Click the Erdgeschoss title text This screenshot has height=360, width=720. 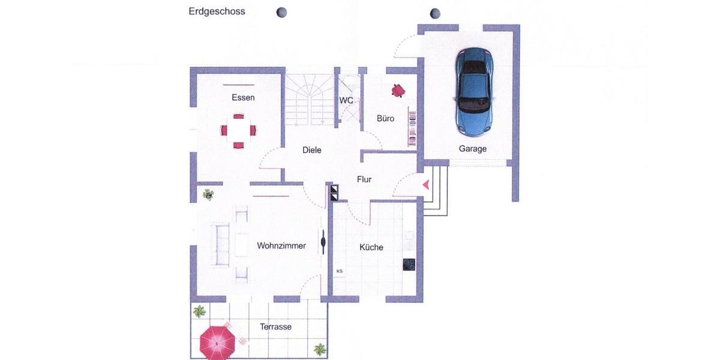(217, 11)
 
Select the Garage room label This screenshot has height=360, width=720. (472, 149)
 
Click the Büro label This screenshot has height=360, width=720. (385, 119)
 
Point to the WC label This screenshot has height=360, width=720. (346, 101)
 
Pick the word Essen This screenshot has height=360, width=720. (243, 98)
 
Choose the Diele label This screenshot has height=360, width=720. (311, 150)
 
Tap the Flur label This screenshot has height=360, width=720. (364, 179)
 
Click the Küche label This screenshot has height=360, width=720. (371, 247)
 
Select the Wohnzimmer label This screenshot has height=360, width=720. (281, 246)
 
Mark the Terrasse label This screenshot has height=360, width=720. (275, 327)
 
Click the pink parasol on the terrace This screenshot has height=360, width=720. (217, 341)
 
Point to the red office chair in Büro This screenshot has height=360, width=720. (398, 91)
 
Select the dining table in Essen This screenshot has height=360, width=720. (239, 130)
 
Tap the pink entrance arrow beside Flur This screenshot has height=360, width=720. (426, 185)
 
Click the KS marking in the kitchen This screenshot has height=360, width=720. (339, 271)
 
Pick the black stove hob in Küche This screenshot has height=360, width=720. (409, 265)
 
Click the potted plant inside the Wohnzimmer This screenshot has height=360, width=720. (208, 194)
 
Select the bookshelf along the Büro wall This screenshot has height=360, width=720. (412, 127)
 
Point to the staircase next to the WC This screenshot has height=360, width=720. (308, 99)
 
